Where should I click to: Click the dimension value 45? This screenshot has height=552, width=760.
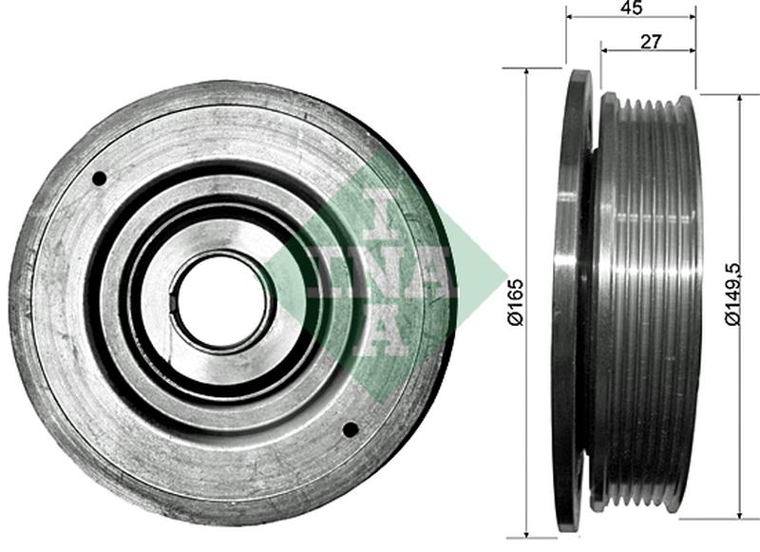(631, 8)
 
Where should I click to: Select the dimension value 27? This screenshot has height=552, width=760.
(651, 41)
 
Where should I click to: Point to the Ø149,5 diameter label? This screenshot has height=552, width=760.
(731, 295)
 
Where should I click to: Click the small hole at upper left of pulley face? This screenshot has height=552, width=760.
(99, 178)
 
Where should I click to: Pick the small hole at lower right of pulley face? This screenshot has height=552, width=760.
(350, 429)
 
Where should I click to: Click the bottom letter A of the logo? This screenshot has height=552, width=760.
(380, 333)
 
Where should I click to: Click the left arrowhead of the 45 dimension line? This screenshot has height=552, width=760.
(570, 17)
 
